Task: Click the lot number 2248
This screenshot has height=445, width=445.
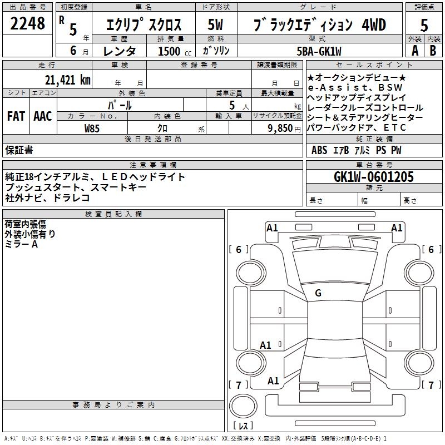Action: pos(27,23)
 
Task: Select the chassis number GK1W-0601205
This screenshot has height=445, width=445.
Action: pos(374,177)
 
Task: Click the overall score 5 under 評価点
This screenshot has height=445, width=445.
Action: pos(424,25)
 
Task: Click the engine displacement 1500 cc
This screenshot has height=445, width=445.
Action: pos(169,52)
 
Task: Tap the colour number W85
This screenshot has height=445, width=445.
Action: pos(92,128)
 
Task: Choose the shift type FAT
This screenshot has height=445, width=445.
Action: pos(16,116)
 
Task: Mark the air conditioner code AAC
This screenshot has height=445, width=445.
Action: pos(42,116)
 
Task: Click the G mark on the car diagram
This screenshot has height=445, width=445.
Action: pos(318,293)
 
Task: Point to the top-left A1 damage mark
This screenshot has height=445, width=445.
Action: pos(272,228)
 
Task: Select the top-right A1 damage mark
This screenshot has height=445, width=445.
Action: pos(397,228)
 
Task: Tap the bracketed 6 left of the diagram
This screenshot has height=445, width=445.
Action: pos(239,250)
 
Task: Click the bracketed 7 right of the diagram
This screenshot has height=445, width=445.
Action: pos(430,385)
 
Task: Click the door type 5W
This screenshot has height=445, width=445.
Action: pos(215,25)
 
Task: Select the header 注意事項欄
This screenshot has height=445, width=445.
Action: pos(153,165)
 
